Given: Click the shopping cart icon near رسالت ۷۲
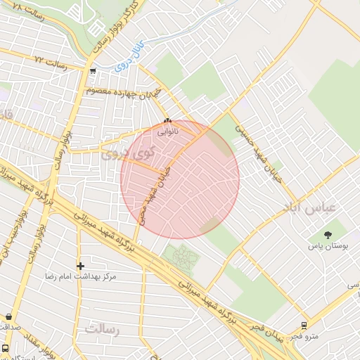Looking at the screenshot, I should (x=93, y=70).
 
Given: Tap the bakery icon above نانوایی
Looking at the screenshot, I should (x=167, y=120).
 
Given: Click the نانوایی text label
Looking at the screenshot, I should (x=167, y=130).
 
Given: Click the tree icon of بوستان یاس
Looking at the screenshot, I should (x=328, y=235).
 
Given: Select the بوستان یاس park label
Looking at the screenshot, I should (x=328, y=247).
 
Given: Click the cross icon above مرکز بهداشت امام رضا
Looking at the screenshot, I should (x=81, y=266).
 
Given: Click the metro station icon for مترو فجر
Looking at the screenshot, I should (x=304, y=326).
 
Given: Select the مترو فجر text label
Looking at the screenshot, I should (x=307, y=337).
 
